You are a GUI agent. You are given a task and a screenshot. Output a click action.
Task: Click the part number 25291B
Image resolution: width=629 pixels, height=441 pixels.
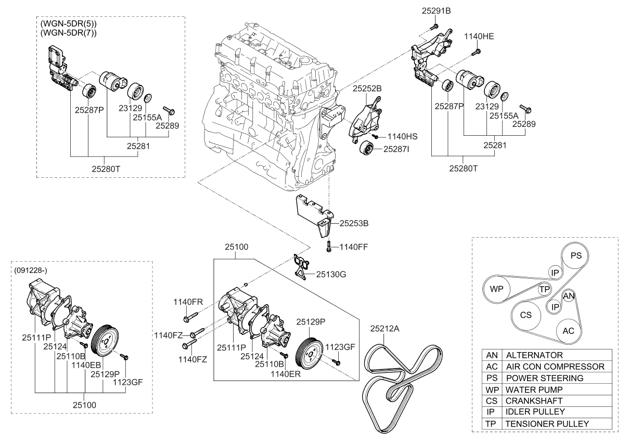pos(437,11)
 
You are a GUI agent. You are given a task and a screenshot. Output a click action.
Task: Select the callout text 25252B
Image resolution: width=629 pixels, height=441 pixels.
pos(367,89)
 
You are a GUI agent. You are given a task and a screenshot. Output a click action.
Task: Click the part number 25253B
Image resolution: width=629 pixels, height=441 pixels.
pos(354,224)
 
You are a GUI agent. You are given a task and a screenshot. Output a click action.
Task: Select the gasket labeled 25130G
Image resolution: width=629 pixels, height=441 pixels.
pos(299,265)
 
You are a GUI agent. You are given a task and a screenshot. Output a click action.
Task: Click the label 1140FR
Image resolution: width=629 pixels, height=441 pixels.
pos(189,302)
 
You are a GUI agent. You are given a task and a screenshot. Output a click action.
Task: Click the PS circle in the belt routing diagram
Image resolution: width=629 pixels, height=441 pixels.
pos(576,255)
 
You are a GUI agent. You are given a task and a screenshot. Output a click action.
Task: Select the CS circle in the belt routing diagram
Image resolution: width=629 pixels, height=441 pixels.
pos(526,315)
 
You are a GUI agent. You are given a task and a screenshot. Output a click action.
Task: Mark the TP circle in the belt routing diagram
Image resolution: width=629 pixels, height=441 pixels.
pos(545,289)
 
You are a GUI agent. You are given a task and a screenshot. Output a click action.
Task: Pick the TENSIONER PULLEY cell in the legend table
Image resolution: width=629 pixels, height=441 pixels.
pos(547,424)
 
